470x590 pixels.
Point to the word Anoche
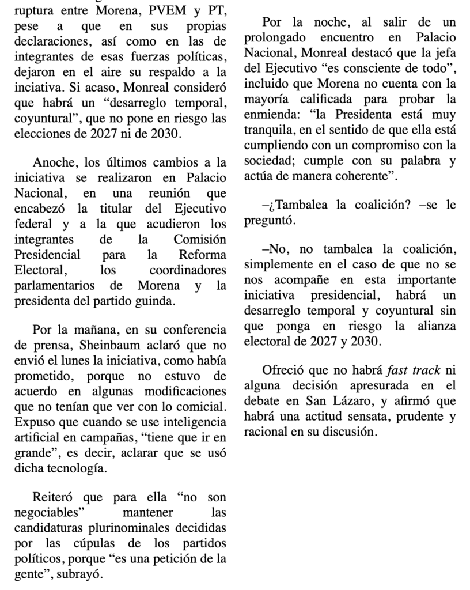coord(52,161)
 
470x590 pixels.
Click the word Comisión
coord(199,239)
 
